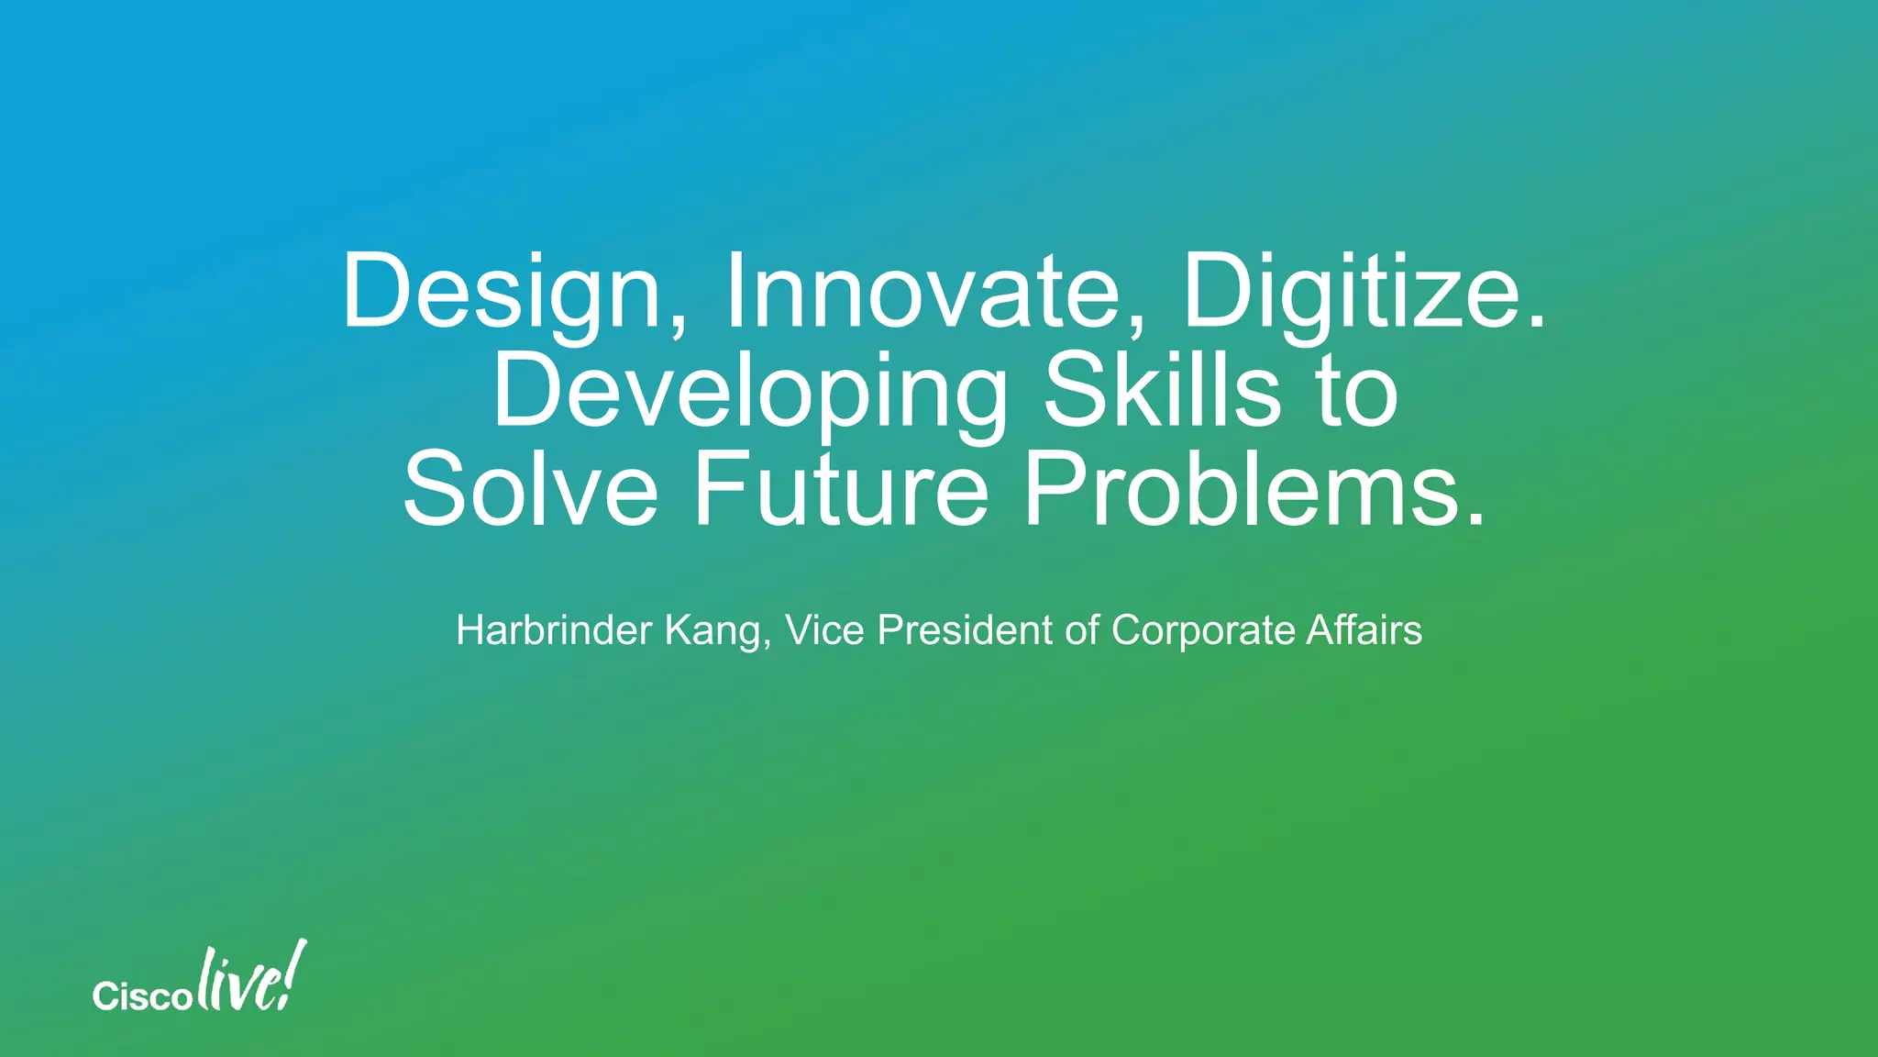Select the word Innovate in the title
click(922, 292)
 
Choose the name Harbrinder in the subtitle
click(554, 630)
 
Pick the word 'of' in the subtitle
click(1082, 630)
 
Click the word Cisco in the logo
click(141, 996)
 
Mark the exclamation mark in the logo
click(294, 973)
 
